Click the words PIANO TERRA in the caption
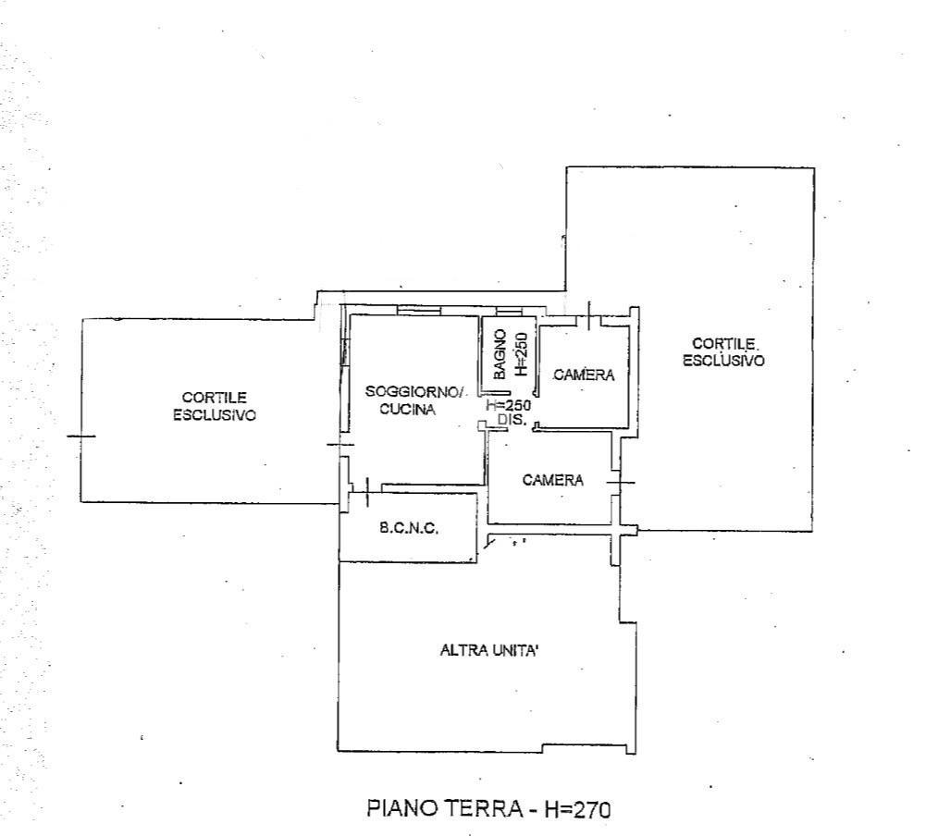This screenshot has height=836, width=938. [x=444, y=808]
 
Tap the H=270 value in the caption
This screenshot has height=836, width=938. [x=577, y=809]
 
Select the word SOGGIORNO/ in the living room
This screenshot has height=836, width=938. [x=414, y=392]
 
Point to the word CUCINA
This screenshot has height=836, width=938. [x=407, y=410]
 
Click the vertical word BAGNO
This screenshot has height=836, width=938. [x=500, y=354]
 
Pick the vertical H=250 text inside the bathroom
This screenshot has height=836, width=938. [x=523, y=353]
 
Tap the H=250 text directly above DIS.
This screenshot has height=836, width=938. [x=509, y=405]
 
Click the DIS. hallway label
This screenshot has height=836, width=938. [x=512, y=420]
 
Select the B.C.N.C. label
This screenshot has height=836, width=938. [x=409, y=528]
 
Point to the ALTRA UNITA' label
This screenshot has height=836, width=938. [x=489, y=650]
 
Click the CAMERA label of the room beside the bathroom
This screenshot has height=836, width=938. [x=584, y=375]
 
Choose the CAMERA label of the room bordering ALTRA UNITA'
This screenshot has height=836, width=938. [x=553, y=480]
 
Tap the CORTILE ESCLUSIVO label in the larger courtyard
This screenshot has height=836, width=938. [x=723, y=352]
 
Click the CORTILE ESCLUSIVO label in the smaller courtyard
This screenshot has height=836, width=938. [x=215, y=407]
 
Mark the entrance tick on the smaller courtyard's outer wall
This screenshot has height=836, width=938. [x=80, y=436]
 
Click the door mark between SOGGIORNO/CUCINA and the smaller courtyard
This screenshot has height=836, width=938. [x=340, y=444]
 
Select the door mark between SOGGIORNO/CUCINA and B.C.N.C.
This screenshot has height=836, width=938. [x=366, y=492]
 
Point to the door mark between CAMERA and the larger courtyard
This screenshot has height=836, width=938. [x=621, y=482]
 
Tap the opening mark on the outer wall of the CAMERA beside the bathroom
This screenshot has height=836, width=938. [x=589, y=315]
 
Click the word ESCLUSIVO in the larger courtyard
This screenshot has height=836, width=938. [x=723, y=361]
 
